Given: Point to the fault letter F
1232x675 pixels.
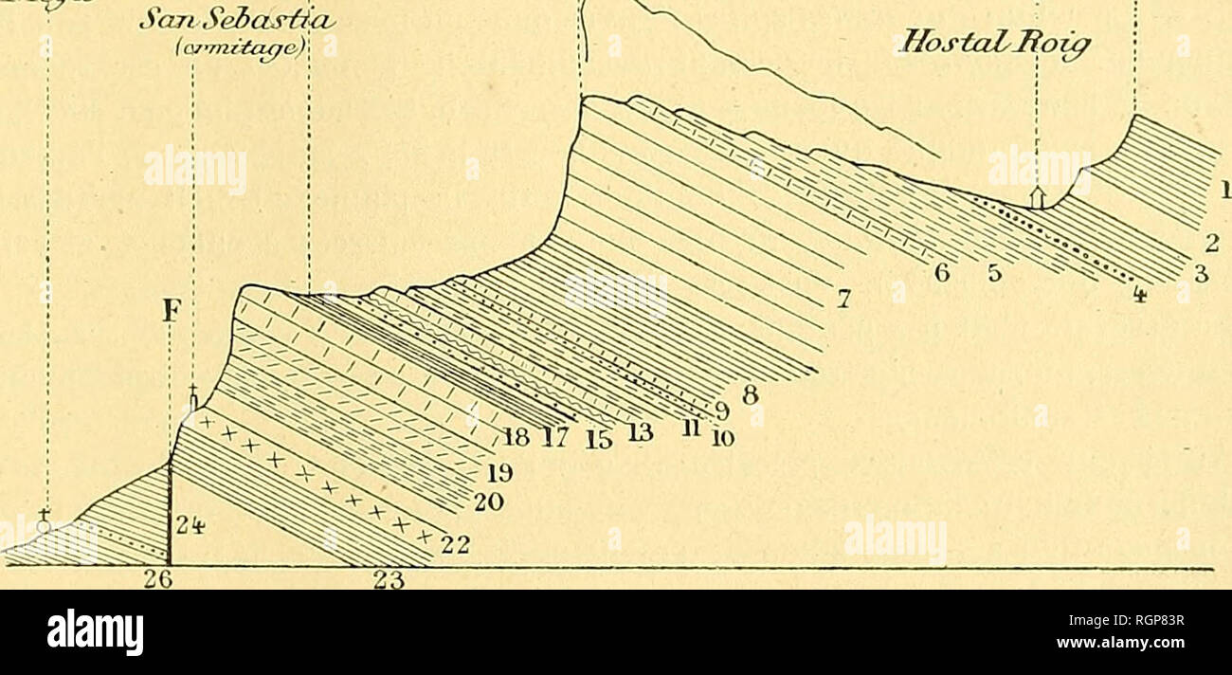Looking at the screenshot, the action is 170,312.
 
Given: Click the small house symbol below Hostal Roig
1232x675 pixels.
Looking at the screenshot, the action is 1038,197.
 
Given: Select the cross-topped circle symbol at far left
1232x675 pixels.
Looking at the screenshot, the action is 45,522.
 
